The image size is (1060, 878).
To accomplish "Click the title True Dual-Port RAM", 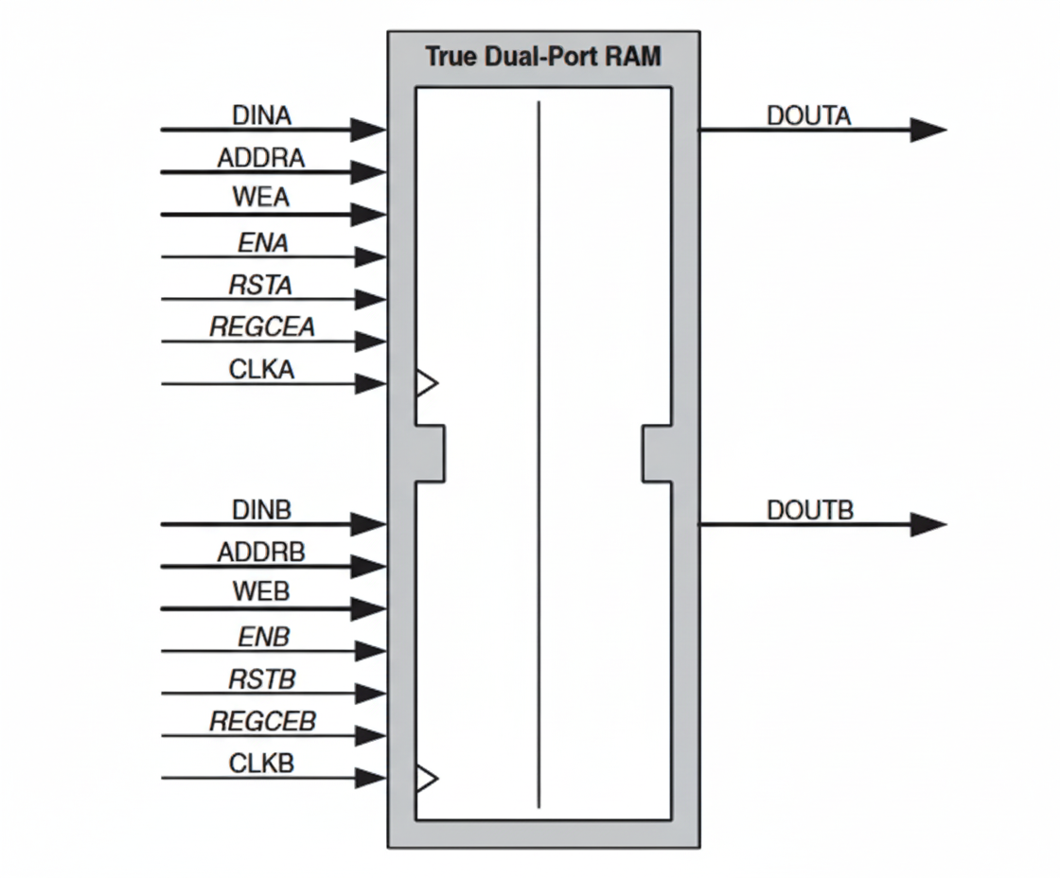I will click(543, 56).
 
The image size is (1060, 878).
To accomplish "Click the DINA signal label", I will click(262, 115).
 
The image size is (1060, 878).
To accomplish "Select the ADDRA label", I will click(261, 158).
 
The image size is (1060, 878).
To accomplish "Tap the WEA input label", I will click(261, 200).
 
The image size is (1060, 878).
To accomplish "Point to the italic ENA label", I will click(263, 243).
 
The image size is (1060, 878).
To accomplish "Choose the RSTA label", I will click(261, 285).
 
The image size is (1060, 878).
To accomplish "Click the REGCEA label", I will click(262, 327).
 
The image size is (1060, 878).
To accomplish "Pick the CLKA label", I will click(262, 370).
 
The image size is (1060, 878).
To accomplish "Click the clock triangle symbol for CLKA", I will click(427, 384).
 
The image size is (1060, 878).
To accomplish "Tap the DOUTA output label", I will click(809, 115).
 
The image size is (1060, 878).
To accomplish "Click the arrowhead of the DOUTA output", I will click(927, 130).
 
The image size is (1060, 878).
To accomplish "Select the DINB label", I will click(262, 510).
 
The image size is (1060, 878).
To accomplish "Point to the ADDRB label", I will click(261, 553).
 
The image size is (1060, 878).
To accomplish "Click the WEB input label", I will click(261, 593).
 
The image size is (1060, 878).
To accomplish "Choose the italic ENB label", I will click(263, 638).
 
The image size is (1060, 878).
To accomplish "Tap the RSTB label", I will click(261, 679).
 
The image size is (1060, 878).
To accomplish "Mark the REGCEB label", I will click(262, 722).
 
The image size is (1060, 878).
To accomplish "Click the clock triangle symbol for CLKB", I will click(427, 779).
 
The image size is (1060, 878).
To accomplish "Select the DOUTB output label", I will click(810, 510).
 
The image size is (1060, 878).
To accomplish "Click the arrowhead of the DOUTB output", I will click(927, 524).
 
